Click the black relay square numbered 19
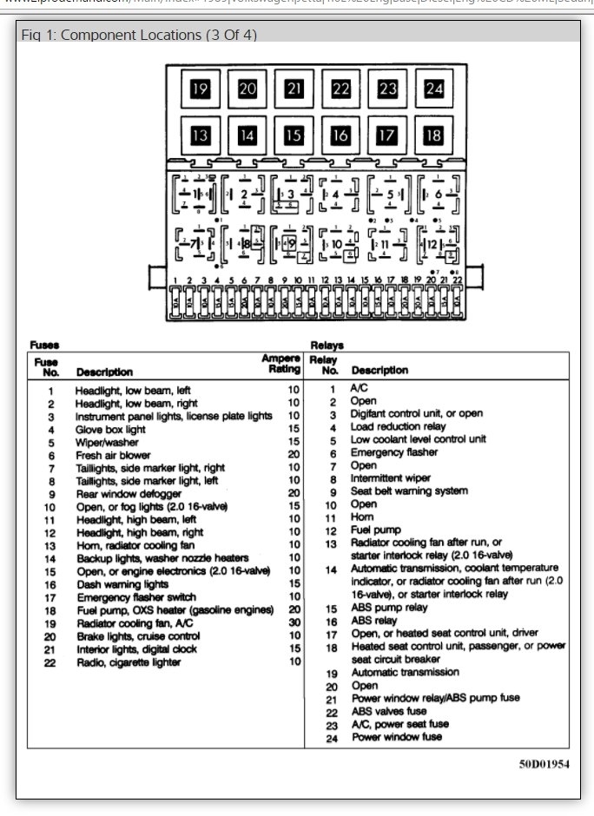(x=201, y=89)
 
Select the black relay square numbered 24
(x=433, y=89)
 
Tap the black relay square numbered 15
(x=294, y=135)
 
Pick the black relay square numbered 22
(x=340, y=89)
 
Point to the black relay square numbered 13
(x=201, y=135)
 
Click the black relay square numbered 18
(x=433, y=135)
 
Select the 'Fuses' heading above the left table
(x=45, y=345)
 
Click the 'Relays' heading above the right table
(x=327, y=345)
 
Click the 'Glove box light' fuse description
(x=110, y=429)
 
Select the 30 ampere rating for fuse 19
(x=294, y=622)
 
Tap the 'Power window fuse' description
(x=396, y=737)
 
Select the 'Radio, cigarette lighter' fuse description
(x=129, y=661)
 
